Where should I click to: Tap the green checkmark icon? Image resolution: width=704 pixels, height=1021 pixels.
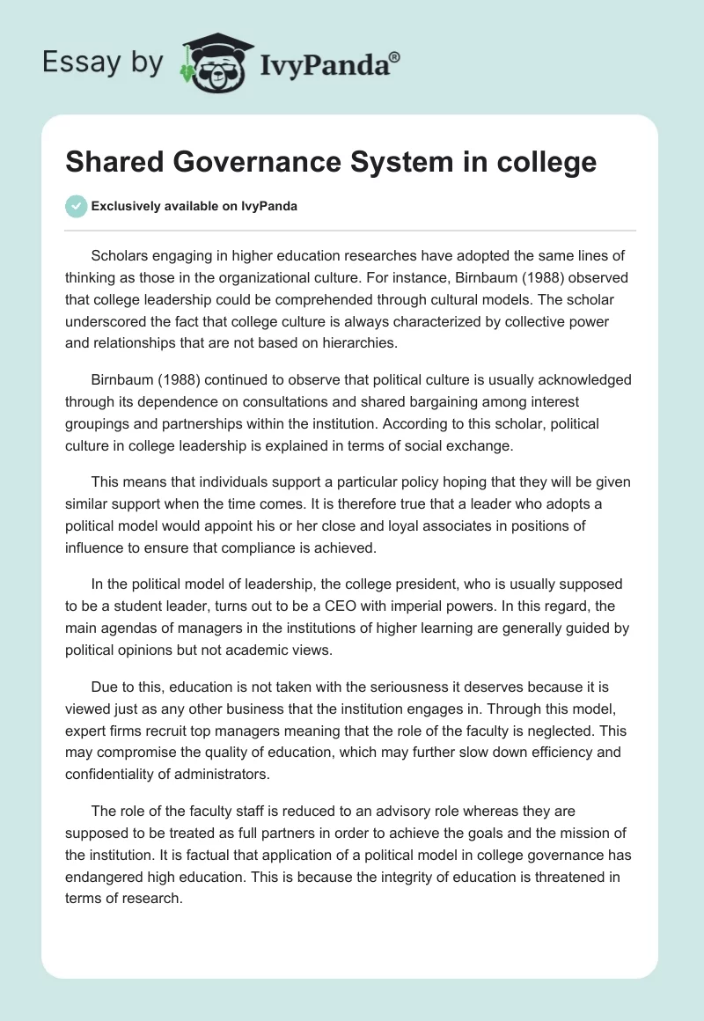pyautogui.click(x=76, y=206)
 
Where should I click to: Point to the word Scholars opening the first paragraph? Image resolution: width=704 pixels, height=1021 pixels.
pyautogui.click(x=121, y=255)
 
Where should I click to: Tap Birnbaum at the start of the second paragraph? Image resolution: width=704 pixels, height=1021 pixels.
pyautogui.click(x=123, y=379)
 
